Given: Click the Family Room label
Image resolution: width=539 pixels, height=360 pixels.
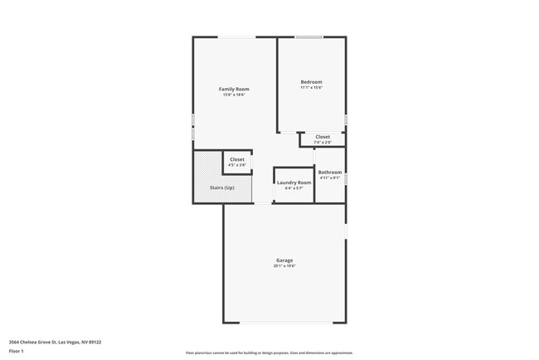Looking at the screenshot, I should pos(234,89).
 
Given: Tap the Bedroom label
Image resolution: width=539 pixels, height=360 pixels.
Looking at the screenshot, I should pos(311,81).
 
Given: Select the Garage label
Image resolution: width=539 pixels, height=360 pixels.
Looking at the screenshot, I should pos(284,260).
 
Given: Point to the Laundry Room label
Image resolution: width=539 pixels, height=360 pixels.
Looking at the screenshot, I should pos(294,182).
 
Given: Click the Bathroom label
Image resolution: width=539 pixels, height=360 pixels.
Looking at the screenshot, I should pos(330,173).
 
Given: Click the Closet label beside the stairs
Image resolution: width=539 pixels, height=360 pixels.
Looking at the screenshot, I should pos(237,159).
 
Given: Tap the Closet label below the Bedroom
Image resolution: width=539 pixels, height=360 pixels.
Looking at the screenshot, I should pos(323,137).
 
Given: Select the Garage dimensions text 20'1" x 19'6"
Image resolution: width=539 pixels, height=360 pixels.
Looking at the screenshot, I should pos(284,266).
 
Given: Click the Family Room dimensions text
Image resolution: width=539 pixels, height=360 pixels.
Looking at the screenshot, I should pos(234,95).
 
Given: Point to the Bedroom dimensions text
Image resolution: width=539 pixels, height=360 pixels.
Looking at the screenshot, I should pos(311,87).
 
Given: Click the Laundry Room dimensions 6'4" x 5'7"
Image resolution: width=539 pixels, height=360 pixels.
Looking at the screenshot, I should pos(294,188).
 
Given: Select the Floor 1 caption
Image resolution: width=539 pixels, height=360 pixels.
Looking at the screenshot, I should pos(17,351).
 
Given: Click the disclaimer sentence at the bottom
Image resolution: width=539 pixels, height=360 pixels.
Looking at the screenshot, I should pos(269,352).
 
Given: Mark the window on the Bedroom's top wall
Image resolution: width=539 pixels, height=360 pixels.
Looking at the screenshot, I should pos(309,37).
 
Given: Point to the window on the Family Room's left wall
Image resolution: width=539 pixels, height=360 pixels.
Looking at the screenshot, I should pos(193,126).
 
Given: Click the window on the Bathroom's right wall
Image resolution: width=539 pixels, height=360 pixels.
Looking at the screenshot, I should pos(346,178).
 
